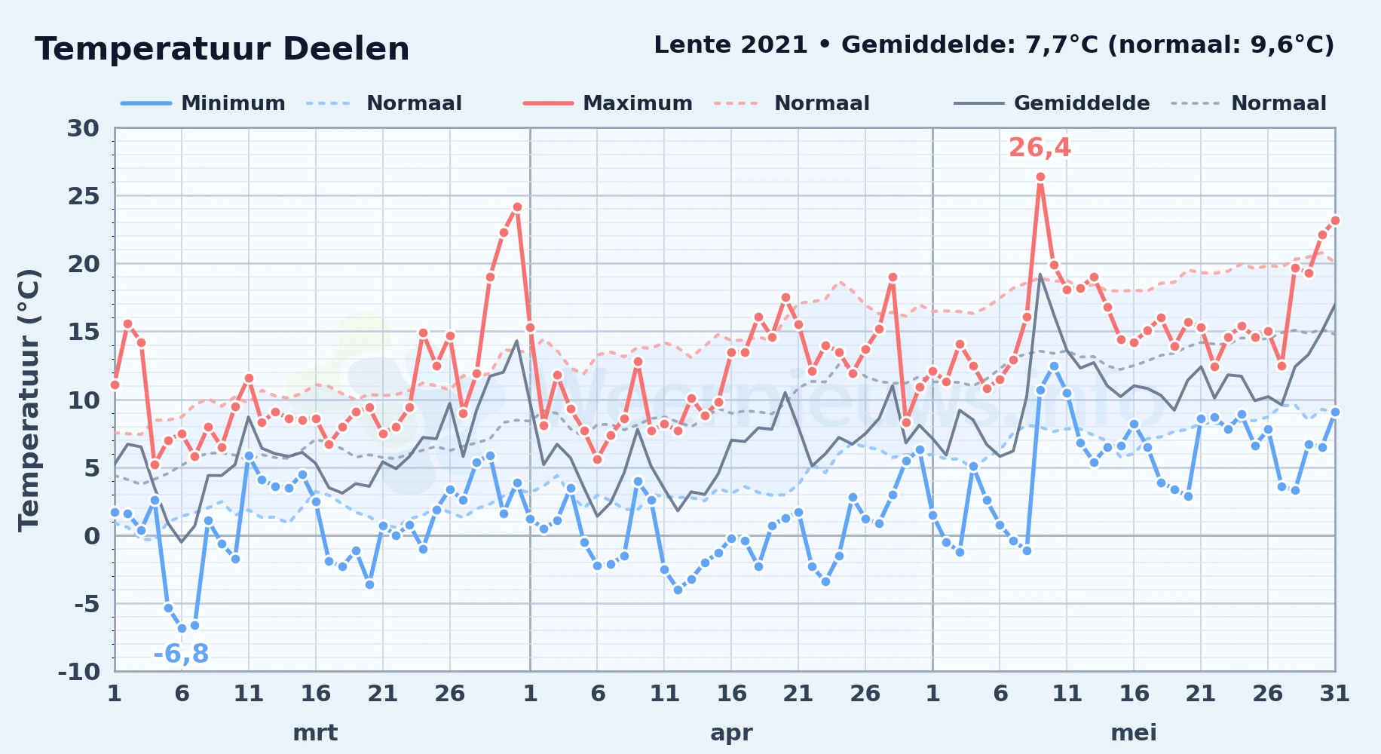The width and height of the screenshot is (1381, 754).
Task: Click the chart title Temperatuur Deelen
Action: [x=222, y=49]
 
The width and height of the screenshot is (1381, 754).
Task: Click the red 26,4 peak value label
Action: [x=1040, y=148]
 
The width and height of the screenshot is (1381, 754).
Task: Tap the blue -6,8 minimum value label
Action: [x=181, y=654]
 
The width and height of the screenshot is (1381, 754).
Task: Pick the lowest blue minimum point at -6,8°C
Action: [x=182, y=628]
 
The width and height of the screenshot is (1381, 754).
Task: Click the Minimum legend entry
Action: [x=203, y=103]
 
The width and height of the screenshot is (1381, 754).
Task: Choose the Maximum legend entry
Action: [x=608, y=103]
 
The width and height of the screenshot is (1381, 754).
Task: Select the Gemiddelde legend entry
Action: [x=1052, y=103]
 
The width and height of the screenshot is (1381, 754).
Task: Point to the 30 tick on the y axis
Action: [x=83, y=128]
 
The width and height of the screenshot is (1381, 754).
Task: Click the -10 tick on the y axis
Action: [x=79, y=671]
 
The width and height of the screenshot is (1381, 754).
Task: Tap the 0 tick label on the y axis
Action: [x=92, y=535]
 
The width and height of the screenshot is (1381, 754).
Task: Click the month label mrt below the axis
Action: [x=315, y=733]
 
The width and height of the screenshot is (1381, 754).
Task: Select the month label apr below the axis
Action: [x=731, y=733]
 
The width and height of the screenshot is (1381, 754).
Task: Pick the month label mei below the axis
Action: [x=1134, y=733]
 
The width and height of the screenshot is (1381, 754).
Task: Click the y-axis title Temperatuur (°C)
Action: [x=29, y=400]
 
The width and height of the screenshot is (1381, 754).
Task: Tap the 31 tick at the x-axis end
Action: [x=1334, y=693]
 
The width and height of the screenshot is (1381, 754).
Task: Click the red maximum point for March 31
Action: [x=517, y=207]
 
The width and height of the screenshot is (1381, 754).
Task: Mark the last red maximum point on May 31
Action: [x=1335, y=220]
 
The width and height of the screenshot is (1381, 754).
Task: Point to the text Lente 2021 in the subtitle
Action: [x=730, y=45]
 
